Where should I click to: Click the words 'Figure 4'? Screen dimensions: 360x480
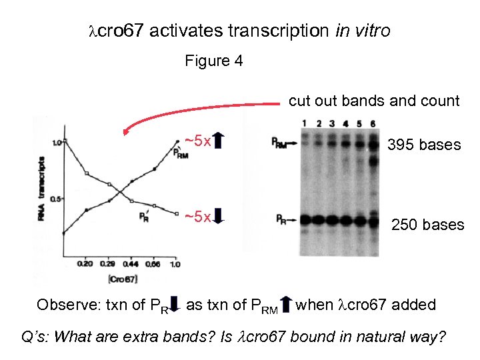click(213, 61)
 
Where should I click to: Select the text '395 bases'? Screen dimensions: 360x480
click(424, 145)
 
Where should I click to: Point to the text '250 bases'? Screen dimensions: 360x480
click(427, 225)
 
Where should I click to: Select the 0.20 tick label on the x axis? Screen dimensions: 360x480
click(85, 264)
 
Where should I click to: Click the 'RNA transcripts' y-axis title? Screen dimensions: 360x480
click(41, 187)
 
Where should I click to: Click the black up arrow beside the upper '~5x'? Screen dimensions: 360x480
click(220, 141)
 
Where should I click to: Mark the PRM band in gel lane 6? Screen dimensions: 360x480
click(373, 142)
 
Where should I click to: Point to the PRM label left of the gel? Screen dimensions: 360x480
click(280, 141)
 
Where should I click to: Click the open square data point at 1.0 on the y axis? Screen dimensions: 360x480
click(63, 142)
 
